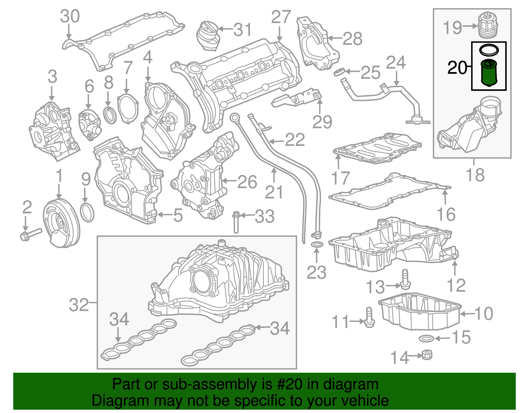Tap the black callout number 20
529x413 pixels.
pos(457,68)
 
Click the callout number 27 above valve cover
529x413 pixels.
pos(281,17)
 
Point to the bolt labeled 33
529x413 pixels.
pos(236,222)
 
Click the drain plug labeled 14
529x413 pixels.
pos(427,355)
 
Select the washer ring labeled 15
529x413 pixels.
pos(426,339)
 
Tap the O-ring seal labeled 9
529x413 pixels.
pos(87,213)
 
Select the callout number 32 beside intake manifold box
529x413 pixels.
pos(79,305)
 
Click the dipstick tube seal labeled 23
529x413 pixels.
pos(317,245)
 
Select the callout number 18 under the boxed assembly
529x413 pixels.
pos(475,175)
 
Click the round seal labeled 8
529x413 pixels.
pos(110,115)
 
